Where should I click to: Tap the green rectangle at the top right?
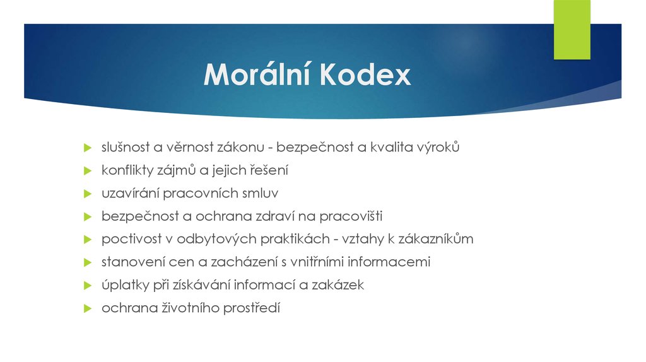pyautogui.click(x=572, y=30)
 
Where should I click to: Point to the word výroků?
pyautogui.click(x=439, y=148)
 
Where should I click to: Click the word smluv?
pyautogui.click(x=261, y=193)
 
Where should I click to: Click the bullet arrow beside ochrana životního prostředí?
pyautogui.click(x=88, y=308)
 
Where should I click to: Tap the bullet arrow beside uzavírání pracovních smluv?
pyautogui.click(x=88, y=194)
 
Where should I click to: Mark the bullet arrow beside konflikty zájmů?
pyautogui.click(x=88, y=170)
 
